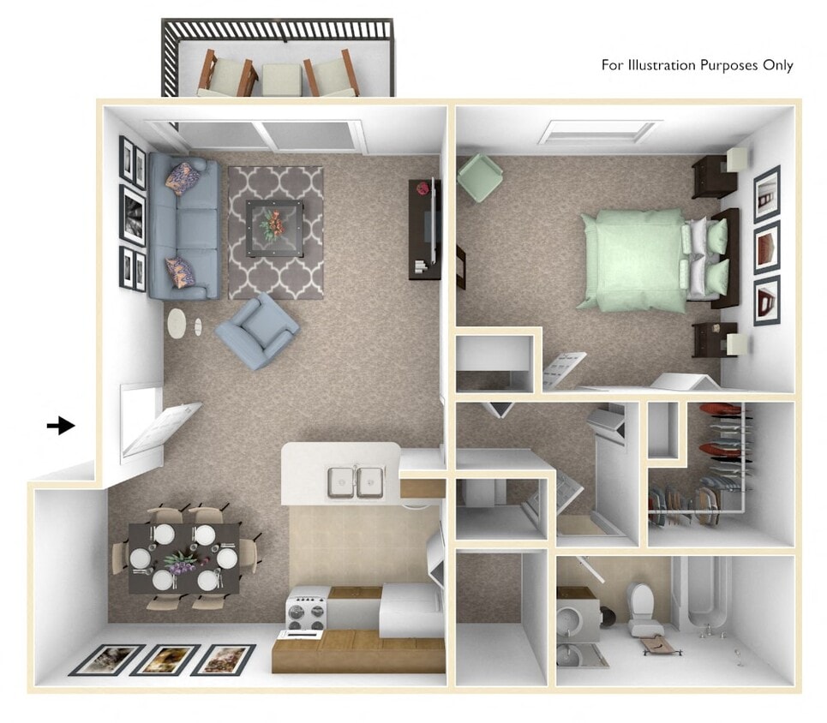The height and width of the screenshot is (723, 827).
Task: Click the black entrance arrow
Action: pos(61,425)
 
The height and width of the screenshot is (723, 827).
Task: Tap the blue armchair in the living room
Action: pos(257,331)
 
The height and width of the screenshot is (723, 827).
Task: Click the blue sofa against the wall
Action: pos(182,227)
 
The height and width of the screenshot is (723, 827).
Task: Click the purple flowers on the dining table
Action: pos(181,561)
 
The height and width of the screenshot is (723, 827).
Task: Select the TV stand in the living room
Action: pos(422,228)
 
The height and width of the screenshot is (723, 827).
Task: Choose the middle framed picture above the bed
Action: pos(766,247)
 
